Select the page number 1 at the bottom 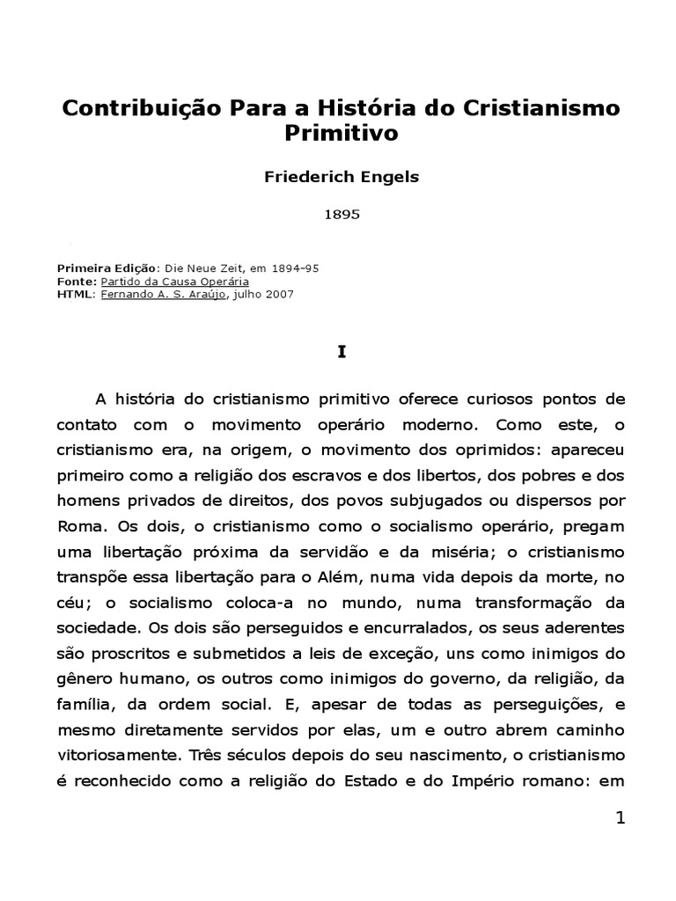[620, 818]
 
